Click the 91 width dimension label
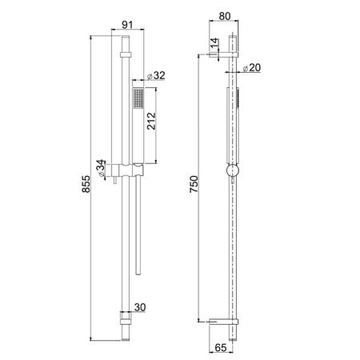coord(127,25)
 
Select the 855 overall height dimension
coord(86,184)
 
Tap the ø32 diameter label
coord(156,75)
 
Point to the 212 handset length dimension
coord(151,121)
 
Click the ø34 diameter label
coord(101,169)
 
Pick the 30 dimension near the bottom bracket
coord(140,307)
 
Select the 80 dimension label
coord(224,16)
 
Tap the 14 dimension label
coord(214,43)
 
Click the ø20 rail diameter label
coord(252,68)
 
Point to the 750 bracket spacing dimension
coord(194,184)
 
